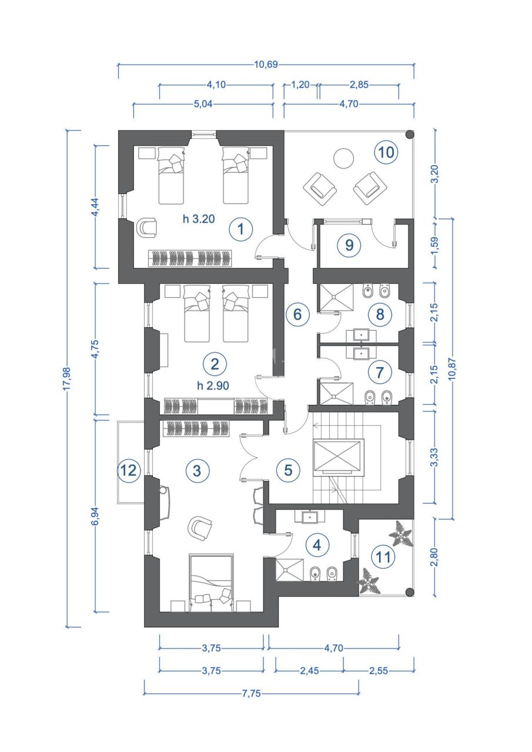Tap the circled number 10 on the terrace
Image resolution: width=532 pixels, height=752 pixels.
[386, 152]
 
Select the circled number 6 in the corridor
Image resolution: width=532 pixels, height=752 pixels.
[297, 314]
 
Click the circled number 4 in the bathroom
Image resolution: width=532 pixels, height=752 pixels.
[317, 545]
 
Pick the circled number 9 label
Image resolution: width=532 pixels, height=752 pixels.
[349, 245]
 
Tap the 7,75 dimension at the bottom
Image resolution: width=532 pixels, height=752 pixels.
[250, 693]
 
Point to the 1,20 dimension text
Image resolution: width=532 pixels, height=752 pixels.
[300, 85]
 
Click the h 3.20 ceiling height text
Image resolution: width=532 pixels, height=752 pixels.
[198, 220]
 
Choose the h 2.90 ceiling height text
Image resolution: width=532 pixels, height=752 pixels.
[213, 385]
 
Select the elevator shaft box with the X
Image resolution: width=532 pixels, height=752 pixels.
[339, 456]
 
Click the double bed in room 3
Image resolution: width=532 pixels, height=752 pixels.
[211, 579]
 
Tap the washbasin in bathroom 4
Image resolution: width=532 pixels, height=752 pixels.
[310, 518]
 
